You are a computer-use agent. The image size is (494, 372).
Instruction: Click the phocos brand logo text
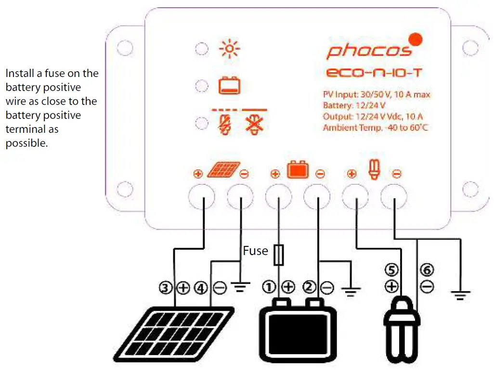(369, 51)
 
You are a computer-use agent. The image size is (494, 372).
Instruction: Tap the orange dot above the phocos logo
(415, 39)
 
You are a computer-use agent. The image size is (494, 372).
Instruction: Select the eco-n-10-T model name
(375, 74)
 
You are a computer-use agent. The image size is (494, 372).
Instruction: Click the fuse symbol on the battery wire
(278, 255)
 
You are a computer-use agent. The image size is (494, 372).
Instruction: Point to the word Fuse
(255, 251)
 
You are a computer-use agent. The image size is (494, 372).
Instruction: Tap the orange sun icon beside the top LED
(229, 49)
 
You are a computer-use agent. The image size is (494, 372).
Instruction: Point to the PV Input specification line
(377, 95)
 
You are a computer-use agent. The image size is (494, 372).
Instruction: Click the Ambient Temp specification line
(376, 128)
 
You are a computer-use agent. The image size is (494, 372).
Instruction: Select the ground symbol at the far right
(461, 294)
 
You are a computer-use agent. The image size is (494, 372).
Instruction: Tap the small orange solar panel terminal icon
(223, 170)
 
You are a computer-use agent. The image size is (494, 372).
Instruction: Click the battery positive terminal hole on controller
(279, 197)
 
